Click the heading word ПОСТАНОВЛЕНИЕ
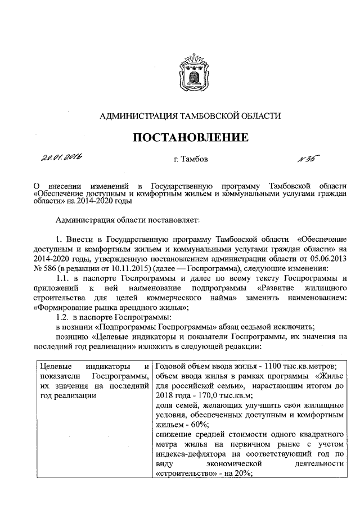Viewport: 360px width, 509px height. (x=190, y=137)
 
